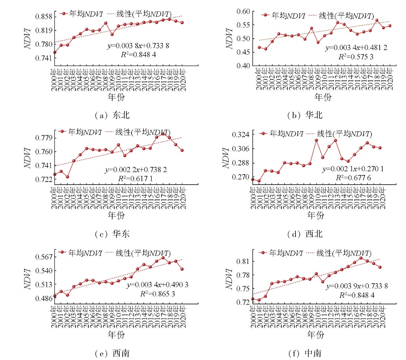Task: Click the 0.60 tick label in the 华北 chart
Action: tap(244, 11)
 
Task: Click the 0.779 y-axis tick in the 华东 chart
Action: tap(42, 138)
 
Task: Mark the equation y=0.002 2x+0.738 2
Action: tap(136, 170)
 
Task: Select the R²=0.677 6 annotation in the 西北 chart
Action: tap(353, 178)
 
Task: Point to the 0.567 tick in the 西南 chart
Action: tap(42, 257)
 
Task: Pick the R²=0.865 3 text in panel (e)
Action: tap(156, 293)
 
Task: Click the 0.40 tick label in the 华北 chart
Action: tap(244, 66)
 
